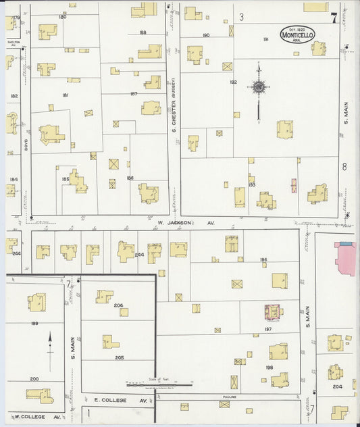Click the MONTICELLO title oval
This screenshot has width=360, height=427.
[x=297, y=34]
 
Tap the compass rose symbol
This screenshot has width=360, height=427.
[x=258, y=86]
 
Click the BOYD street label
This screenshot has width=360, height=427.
[x=25, y=145]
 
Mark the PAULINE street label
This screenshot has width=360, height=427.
[x=230, y=397]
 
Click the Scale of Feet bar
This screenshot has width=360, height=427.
[x=159, y=385]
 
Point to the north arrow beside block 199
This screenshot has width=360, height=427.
[x=50, y=341]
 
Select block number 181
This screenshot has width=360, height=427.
[x=65, y=95]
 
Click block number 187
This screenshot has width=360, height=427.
[x=134, y=93]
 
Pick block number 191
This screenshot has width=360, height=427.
[x=265, y=39]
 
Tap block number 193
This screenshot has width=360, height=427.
[x=251, y=184]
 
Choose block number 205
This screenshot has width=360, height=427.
[x=120, y=357]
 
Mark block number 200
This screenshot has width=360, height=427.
[x=34, y=379]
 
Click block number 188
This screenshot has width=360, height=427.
[x=143, y=32]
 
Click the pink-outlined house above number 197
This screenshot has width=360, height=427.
[x=274, y=311]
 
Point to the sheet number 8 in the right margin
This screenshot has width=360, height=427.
[x=344, y=166]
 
